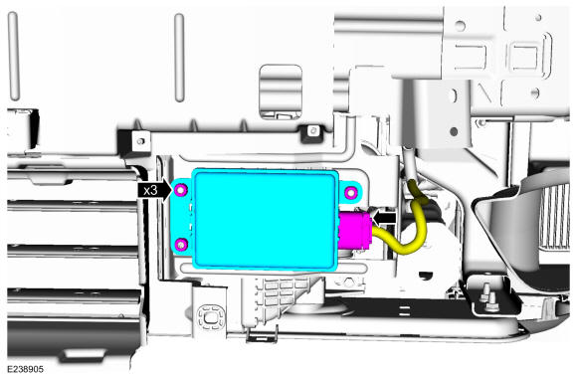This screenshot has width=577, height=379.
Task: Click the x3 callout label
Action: (150, 190)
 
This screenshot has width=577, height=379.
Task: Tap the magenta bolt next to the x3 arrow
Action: (181, 190)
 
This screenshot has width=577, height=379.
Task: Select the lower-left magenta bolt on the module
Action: (181, 244)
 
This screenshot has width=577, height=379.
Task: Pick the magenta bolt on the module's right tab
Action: (351, 192)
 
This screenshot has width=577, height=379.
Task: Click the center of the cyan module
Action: (265, 220)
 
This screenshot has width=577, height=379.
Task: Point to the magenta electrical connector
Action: (355, 231)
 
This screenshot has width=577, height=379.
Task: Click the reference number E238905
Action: (26, 369)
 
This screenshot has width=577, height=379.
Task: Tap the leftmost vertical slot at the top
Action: (13, 56)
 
